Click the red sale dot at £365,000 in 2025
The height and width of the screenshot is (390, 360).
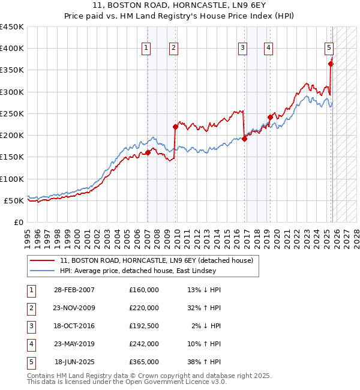pyautogui.click(x=331, y=64)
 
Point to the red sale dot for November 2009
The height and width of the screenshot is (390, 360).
pyautogui.click(x=175, y=127)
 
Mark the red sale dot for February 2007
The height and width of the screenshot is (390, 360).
pyautogui.click(x=148, y=152)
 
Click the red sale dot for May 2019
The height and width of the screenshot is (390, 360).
pyautogui.click(x=269, y=117)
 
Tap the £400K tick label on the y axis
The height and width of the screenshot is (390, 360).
pyautogui.click(x=12, y=49)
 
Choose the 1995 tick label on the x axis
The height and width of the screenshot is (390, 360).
pyautogui.click(x=27, y=235)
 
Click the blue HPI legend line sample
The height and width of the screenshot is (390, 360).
pyautogui.click(x=43, y=271)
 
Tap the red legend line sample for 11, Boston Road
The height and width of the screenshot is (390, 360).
pyautogui.click(x=43, y=260)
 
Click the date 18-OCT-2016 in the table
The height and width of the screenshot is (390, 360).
pyautogui.click(x=74, y=326)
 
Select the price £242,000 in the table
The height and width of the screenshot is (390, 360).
pyautogui.click(x=144, y=344)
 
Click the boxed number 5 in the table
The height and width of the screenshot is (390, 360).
pyautogui.click(x=31, y=362)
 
